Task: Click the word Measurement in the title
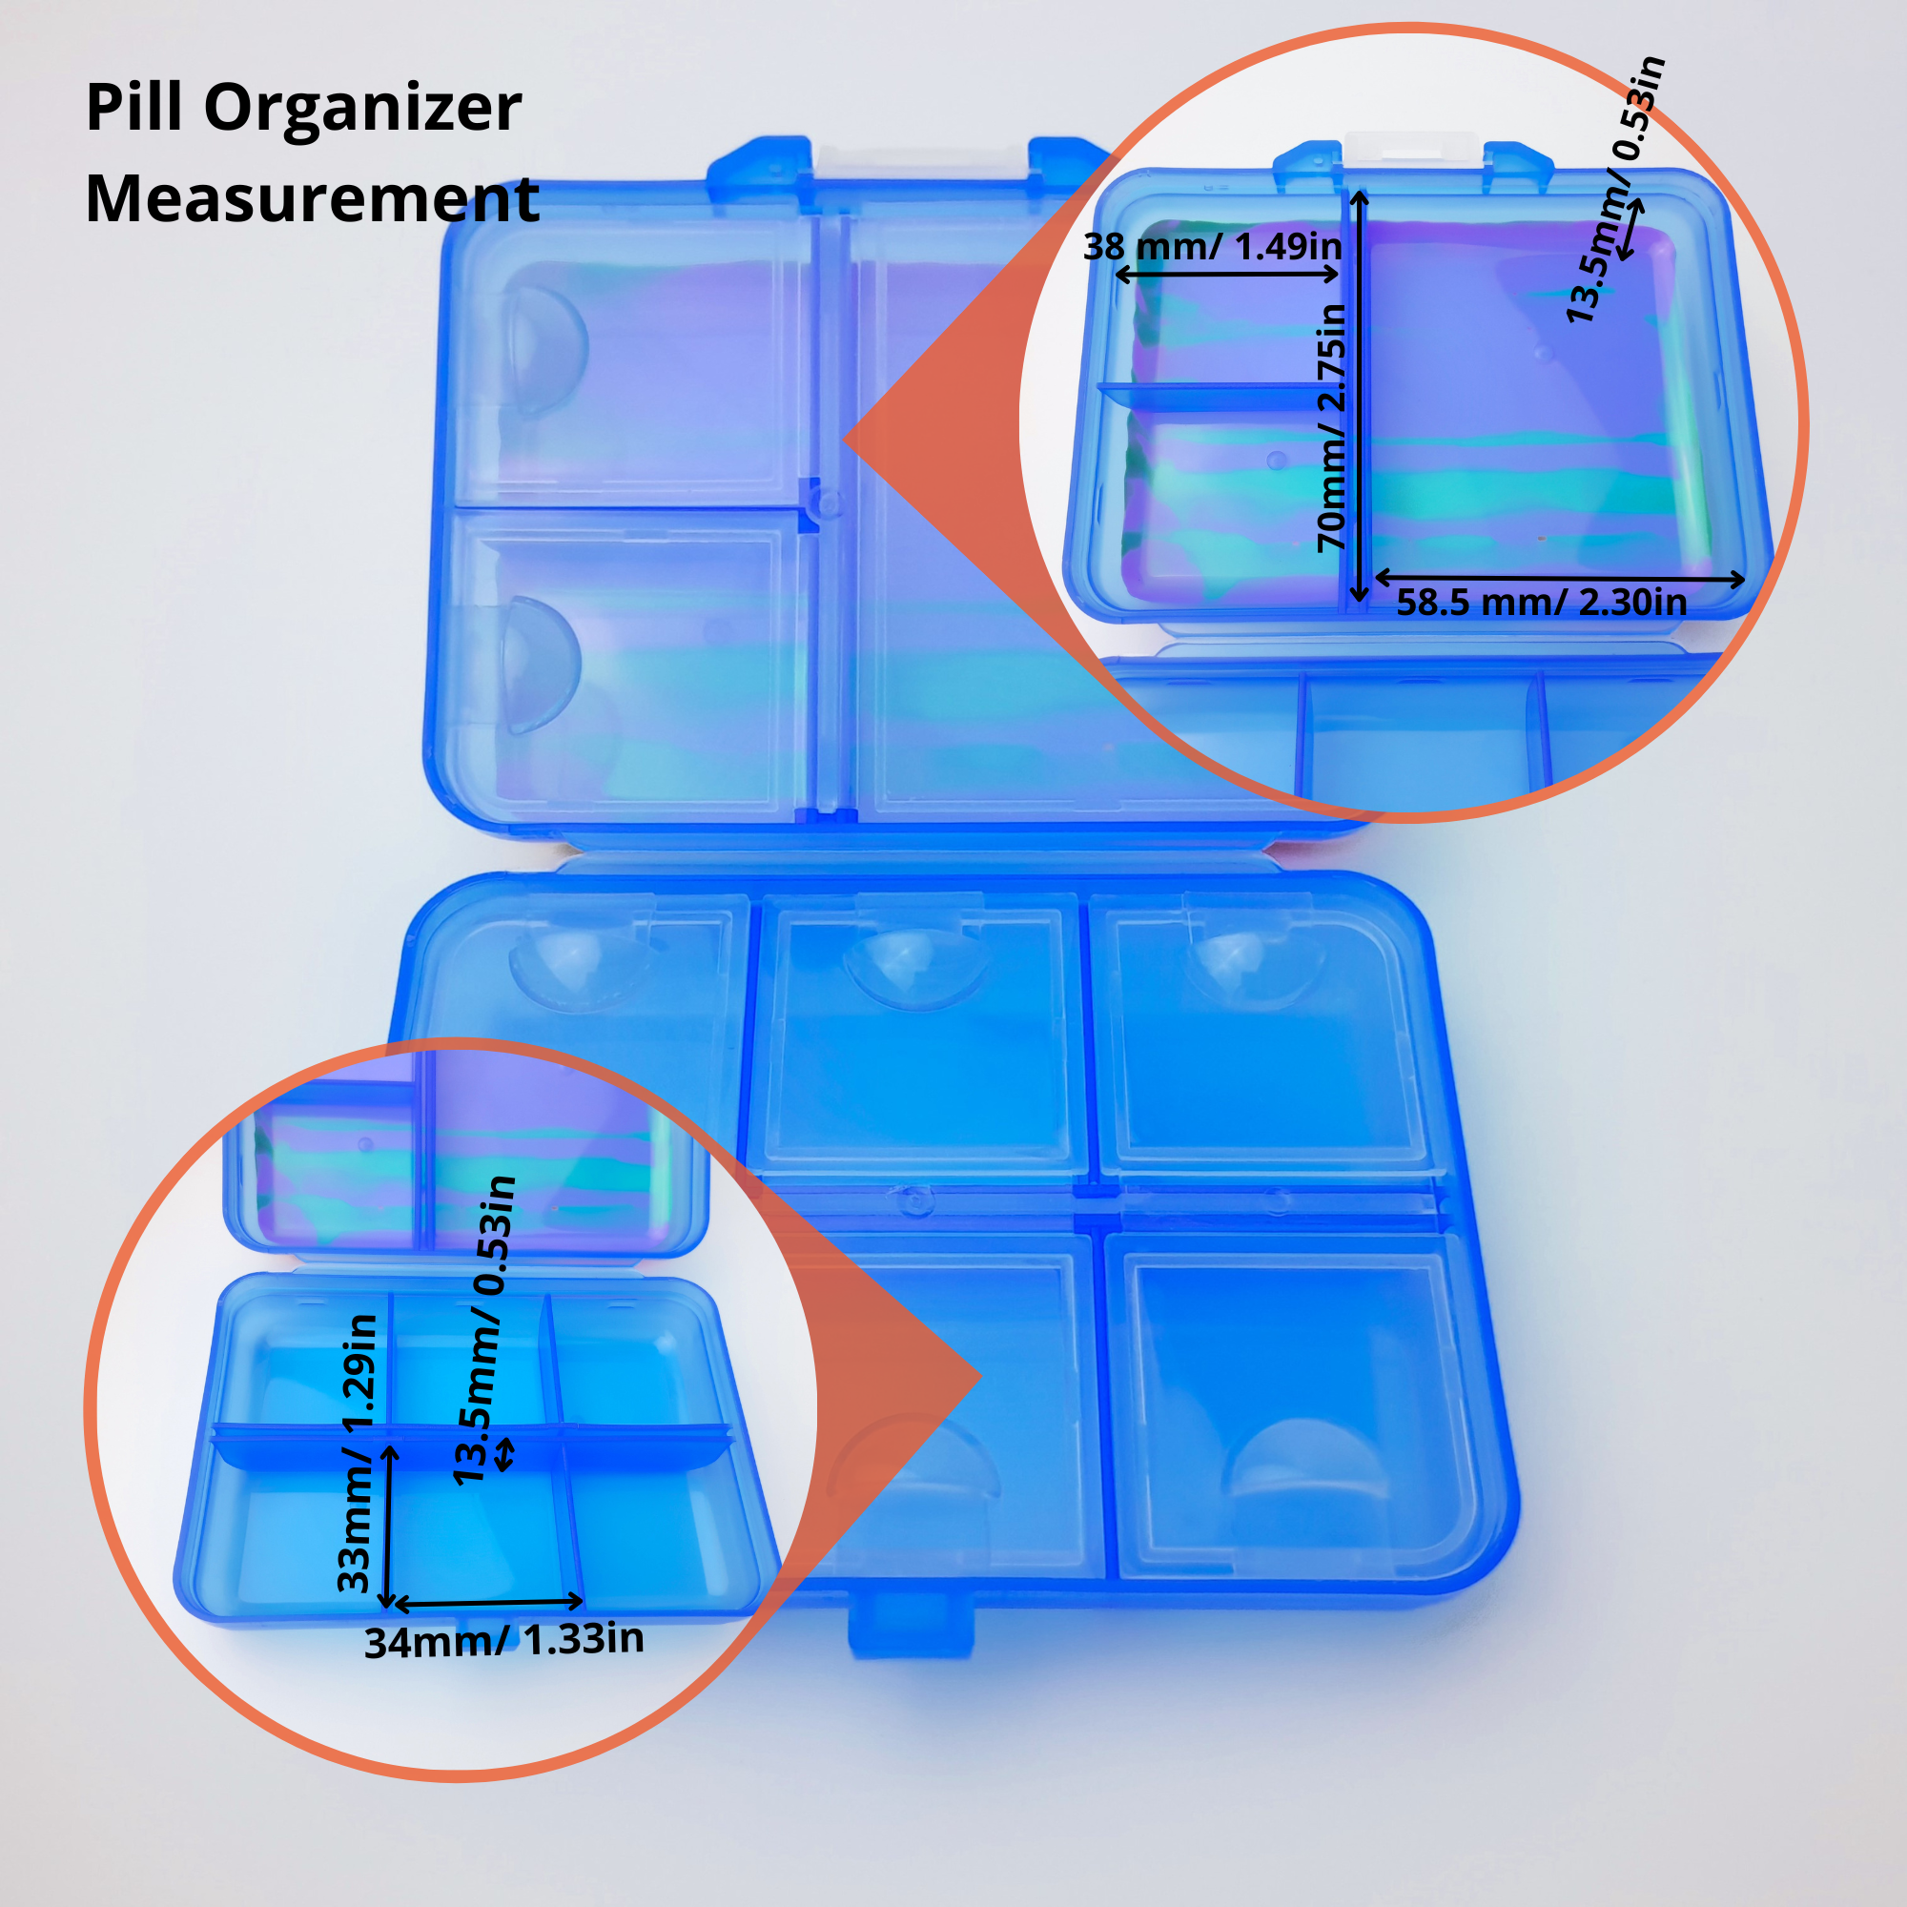pos(312,198)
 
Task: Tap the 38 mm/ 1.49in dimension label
pos(1212,246)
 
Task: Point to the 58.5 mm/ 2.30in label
pos(1541,602)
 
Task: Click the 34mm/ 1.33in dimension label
pos(503,1639)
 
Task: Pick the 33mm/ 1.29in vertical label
pos(357,1452)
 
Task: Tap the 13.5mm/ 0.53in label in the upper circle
pos(1615,190)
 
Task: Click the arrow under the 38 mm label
pos(1227,275)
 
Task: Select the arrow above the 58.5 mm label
pos(1560,579)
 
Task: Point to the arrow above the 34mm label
pos(488,1603)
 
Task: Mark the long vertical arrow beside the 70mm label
pos(1359,397)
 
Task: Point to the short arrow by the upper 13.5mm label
pos(1630,230)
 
